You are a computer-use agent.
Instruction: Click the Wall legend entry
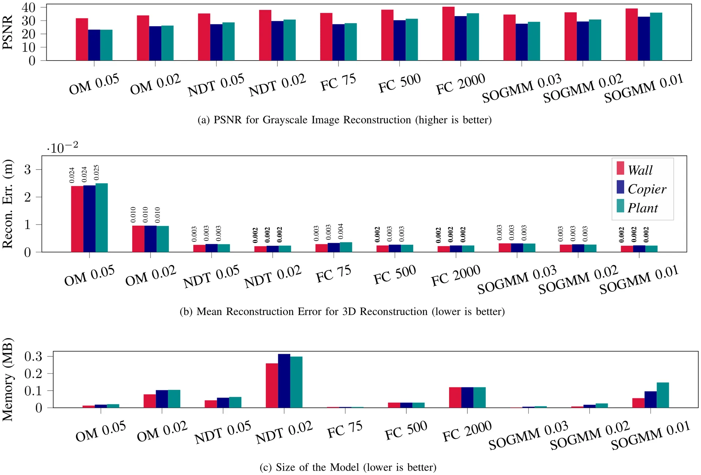635,169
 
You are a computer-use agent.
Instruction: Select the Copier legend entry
641,188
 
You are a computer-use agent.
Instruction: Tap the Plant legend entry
637,207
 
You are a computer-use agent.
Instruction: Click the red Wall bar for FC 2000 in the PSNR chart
448,34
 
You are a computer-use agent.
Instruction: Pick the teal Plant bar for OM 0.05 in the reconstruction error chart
101,218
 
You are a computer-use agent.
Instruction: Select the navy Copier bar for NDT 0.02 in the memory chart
284,381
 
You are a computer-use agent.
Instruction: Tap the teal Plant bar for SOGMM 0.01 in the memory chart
663,395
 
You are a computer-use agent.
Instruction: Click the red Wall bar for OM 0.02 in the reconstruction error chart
138,239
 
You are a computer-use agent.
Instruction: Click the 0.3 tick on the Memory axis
33,356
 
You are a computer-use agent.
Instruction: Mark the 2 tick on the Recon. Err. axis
27,197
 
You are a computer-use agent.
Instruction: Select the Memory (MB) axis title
8,380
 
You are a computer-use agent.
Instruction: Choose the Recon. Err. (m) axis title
8,204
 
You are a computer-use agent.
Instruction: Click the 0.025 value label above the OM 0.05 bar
96,173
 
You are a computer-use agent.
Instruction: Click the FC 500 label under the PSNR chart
399,84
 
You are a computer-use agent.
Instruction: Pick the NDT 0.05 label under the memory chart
222,433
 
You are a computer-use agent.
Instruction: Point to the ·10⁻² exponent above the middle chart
62,147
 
